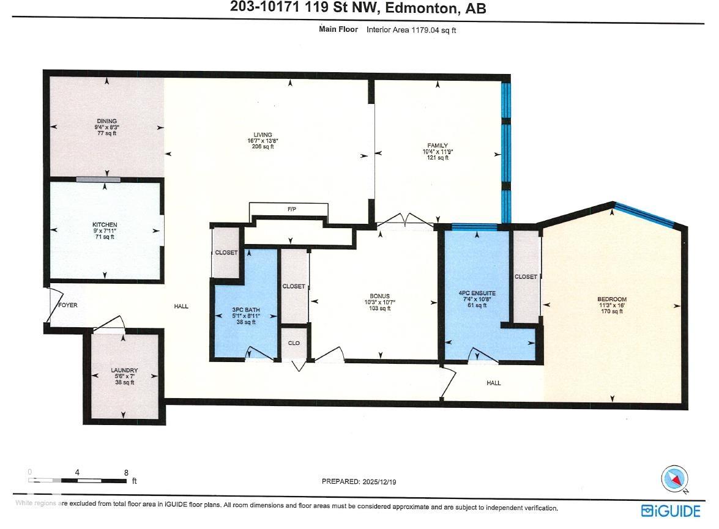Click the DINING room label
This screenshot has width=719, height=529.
(x=106, y=121)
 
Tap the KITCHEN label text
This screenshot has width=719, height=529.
(x=105, y=225)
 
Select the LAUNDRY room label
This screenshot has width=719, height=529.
(x=124, y=370)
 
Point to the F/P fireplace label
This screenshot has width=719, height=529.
(x=292, y=210)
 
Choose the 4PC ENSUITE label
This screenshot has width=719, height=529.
(x=476, y=294)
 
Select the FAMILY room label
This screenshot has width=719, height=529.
(x=438, y=146)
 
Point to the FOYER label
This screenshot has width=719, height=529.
(x=67, y=305)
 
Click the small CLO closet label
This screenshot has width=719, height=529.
(x=294, y=343)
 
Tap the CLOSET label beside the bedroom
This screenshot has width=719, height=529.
(x=526, y=277)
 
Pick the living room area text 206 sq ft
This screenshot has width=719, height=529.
(x=264, y=146)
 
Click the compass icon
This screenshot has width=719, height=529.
(x=675, y=478)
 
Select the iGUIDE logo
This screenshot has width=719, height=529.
(x=671, y=511)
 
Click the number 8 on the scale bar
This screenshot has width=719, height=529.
(x=126, y=472)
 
